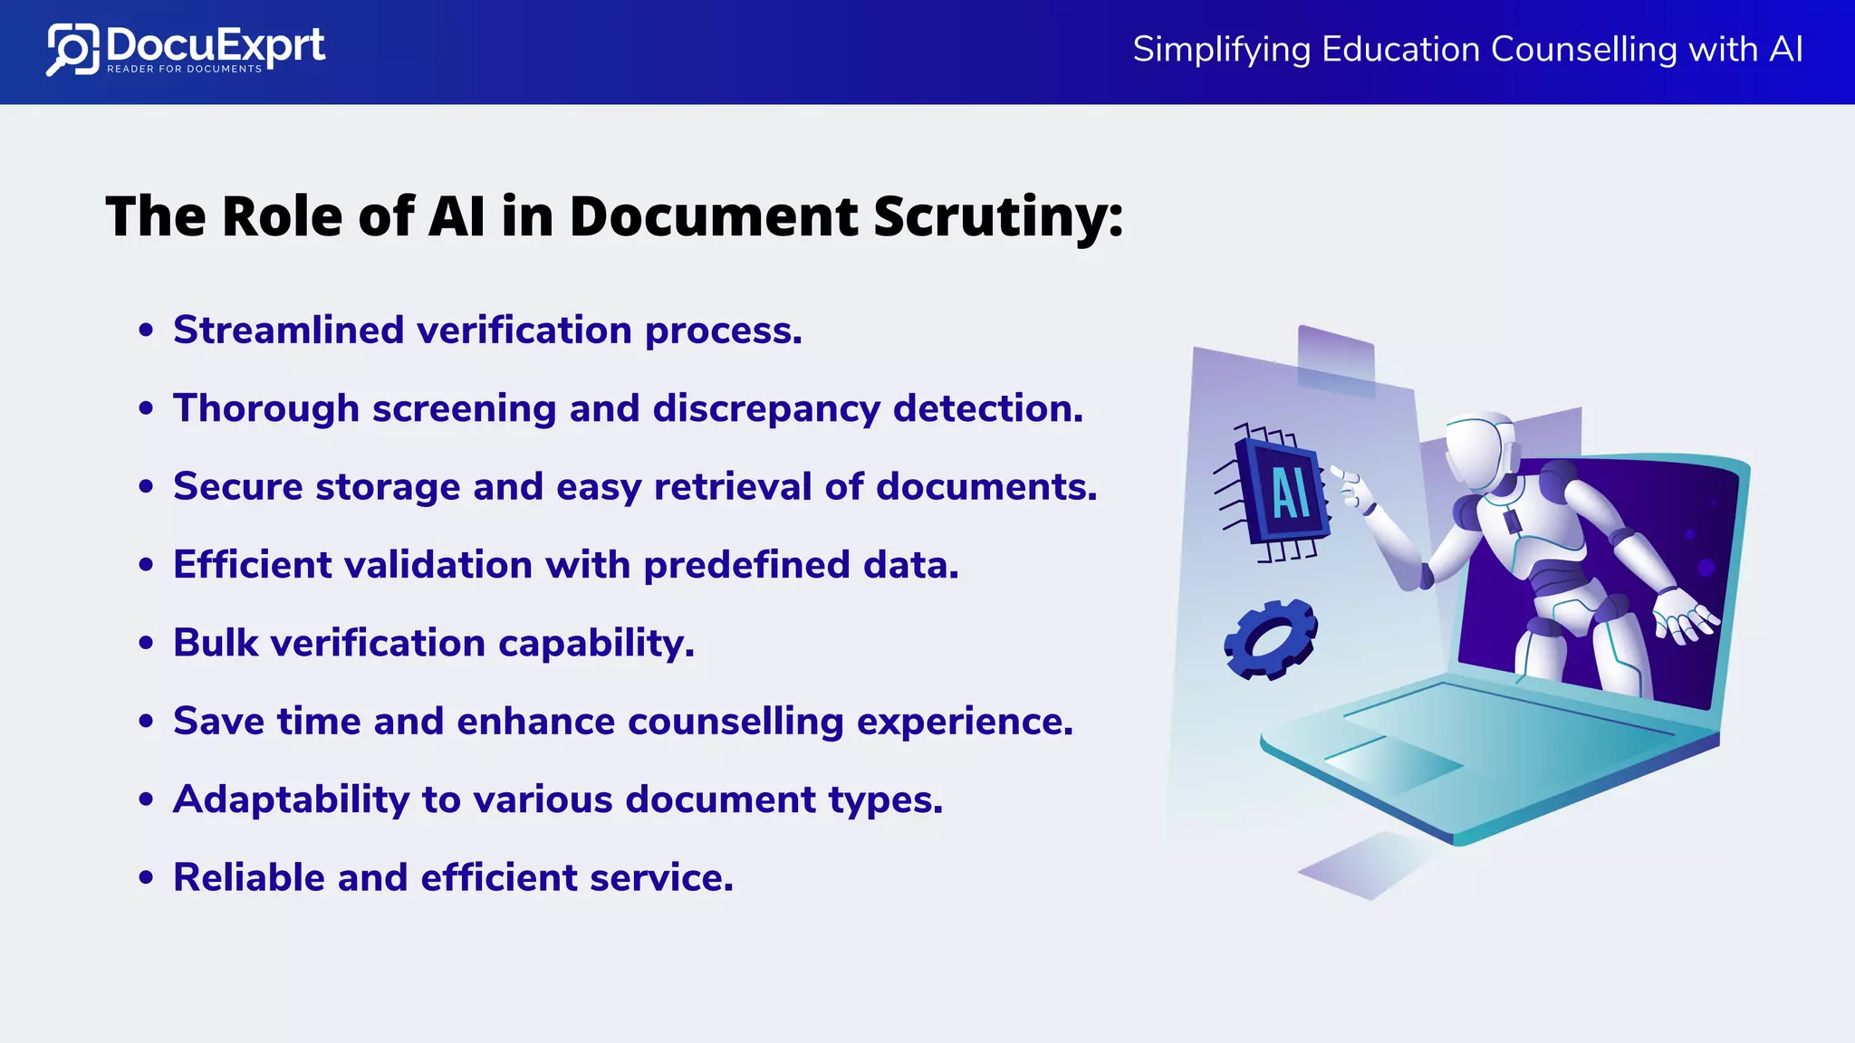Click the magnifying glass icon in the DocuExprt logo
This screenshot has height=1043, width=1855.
click(71, 50)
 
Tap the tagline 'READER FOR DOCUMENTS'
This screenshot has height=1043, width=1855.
click(184, 69)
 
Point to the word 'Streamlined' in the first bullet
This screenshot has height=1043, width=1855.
click(288, 330)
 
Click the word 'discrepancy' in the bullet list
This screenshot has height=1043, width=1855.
click(766, 409)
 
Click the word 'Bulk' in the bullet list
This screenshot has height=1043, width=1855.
click(216, 643)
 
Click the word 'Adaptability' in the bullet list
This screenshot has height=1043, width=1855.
click(291, 800)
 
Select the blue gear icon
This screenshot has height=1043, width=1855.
click(1270, 639)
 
